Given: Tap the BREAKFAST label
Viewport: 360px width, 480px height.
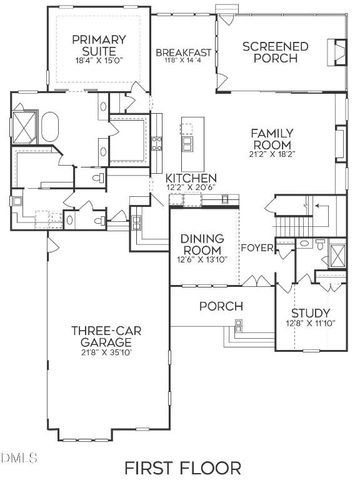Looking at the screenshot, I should [x=183, y=52].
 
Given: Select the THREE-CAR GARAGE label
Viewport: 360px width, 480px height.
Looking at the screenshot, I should [x=97, y=338].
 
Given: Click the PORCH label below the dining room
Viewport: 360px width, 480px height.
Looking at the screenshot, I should [x=216, y=306].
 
